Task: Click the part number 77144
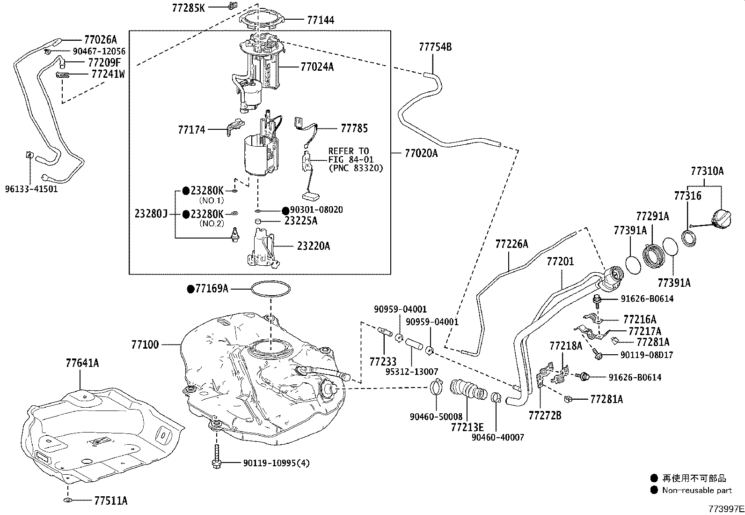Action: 321,20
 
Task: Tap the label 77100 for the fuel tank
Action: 145,345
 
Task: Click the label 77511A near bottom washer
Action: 110,501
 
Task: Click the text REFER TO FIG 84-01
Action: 349,155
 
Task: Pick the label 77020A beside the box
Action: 421,153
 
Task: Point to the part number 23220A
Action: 313,246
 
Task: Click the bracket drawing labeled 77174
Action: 234,127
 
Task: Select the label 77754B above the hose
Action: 435,47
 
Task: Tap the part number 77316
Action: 687,195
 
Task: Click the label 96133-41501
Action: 31,190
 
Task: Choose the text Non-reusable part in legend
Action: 697,490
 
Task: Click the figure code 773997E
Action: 725,508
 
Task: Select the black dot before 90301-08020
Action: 285,210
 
